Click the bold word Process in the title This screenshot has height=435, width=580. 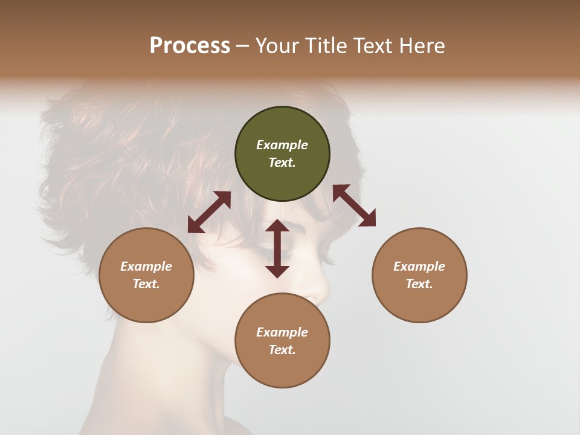(x=190, y=46)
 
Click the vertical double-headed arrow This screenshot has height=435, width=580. (x=277, y=248)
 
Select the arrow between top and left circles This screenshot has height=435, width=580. (x=209, y=212)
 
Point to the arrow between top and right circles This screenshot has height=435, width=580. (x=355, y=206)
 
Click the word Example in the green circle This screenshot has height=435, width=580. (x=282, y=145)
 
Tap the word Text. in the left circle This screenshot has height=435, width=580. (x=146, y=284)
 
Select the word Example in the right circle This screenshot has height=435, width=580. (x=419, y=266)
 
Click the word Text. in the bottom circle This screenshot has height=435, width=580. (x=282, y=350)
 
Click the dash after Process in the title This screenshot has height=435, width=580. (x=242, y=46)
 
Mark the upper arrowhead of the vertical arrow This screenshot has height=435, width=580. (x=277, y=226)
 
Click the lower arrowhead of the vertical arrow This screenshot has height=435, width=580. (x=277, y=271)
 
